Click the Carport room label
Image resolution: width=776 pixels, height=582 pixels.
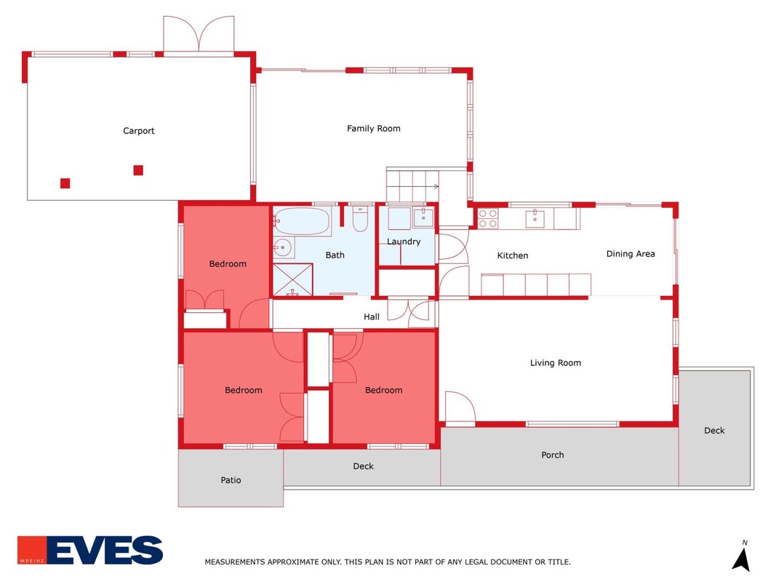click(139, 131)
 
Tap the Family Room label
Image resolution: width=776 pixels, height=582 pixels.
click(374, 129)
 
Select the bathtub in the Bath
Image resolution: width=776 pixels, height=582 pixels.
click(302, 221)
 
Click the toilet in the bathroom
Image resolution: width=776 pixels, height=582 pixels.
click(360, 218)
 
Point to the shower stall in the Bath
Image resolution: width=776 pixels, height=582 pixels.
click(293, 279)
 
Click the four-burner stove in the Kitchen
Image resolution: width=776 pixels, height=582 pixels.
click(487, 218)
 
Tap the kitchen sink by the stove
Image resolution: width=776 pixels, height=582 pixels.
click(535, 218)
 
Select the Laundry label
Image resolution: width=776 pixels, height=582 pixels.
click(404, 242)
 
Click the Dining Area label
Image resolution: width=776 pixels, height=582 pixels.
click(631, 254)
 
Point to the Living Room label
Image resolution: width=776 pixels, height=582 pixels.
click(556, 363)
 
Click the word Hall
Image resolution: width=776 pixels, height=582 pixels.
click(372, 316)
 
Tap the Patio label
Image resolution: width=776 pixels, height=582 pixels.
click(231, 480)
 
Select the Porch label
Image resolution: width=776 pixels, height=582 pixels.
click(552, 455)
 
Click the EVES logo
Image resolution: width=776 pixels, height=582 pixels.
click(90, 550)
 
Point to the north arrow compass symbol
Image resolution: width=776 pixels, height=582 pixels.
click(742, 557)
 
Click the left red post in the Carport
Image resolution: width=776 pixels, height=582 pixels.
click(65, 183)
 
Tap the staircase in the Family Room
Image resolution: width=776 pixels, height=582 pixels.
click(412, 186)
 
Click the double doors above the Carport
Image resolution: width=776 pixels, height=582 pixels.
click(199, 33)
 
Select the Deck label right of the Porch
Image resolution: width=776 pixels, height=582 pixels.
click(714, 431)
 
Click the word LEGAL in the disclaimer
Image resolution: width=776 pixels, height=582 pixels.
click(463, 562)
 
